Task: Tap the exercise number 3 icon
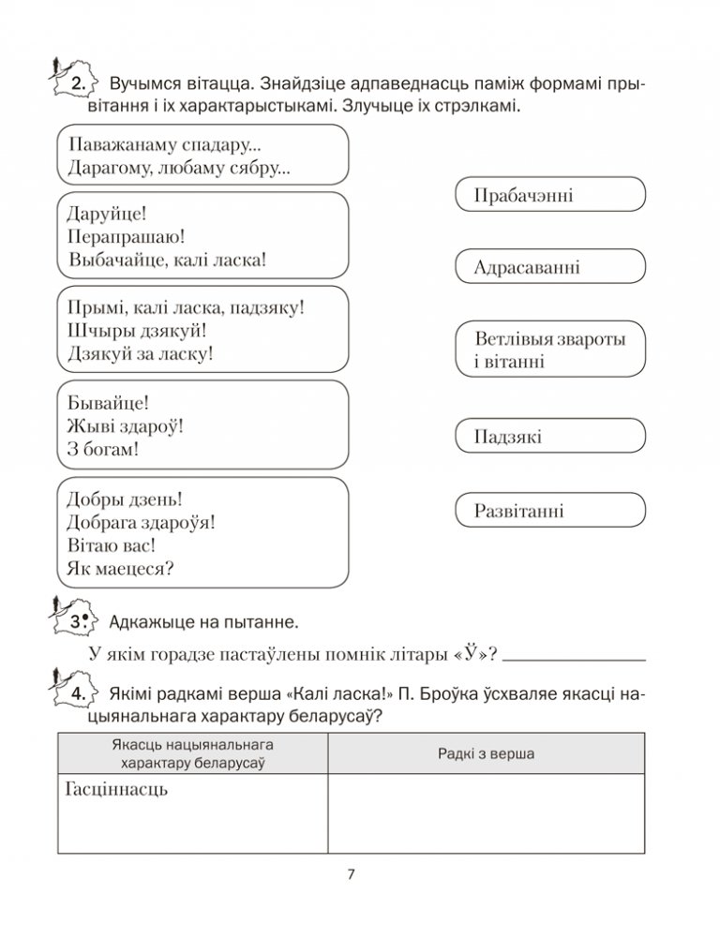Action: coord(74,619)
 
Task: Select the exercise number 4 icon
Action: coord(74,693)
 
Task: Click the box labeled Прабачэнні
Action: coord(548,195)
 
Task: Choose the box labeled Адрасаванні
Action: coord(548,268)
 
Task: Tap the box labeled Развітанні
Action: coord(548,512)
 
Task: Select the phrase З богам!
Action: coord(103,450)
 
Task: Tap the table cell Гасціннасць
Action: coord(116,789)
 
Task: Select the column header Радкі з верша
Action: coord(486,752)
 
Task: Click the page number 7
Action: coord(351,875)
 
